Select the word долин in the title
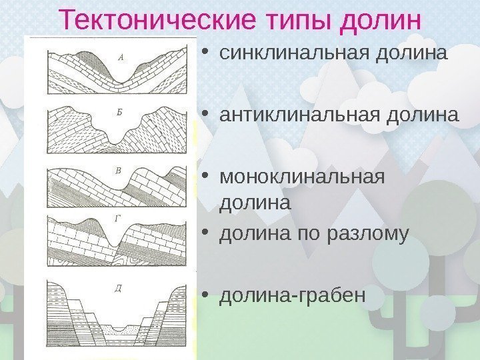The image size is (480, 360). pyautogui.click(x=381, y=19)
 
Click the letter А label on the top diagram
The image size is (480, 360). pyautogui.click(x=120, y=57)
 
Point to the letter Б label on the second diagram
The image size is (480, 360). pyautogui.click(x=119, y=113)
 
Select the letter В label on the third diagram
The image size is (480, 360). pyautogui.click(x=118, y=171)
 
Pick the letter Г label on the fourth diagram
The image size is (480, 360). pyautogui.click(x=117, y=218)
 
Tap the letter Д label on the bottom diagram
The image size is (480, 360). pyautogui.click(x=118, y=288)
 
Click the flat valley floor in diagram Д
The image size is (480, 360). pyautogui.click(x=121, y=331)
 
